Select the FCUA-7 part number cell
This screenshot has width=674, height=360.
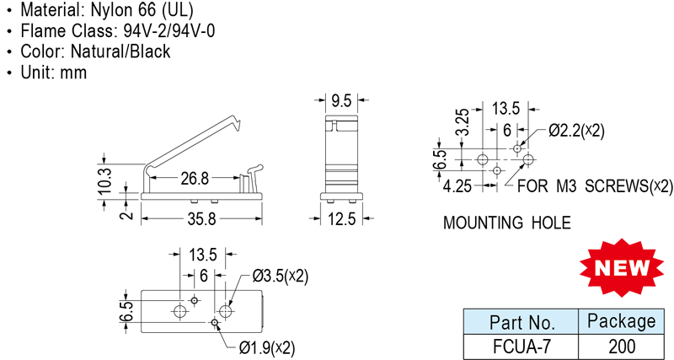(x=521, y=346)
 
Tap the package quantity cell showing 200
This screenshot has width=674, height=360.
(x=621, y=346)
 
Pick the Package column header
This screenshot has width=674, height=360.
(x=621, y=321)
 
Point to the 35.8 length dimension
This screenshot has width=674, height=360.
(x=201, y=218)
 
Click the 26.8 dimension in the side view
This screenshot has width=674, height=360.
(x=193, y=178)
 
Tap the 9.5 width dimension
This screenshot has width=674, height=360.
(x=341, y=101)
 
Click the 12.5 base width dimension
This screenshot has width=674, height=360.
(x=341, y=218)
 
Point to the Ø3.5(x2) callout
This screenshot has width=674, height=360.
(x=281, y=276)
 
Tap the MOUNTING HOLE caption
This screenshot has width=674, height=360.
(x=507, y=223)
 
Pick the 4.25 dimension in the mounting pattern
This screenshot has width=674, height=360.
(x=458, y=185)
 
